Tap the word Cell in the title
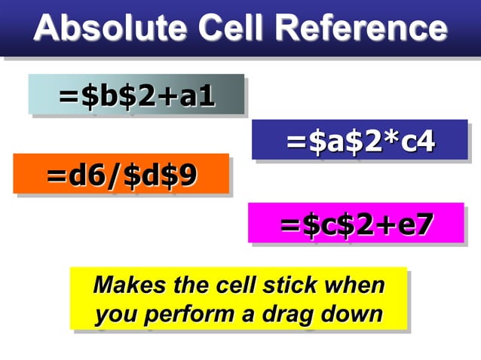[230, 29]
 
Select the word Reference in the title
[361, 29]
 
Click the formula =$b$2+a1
[137, 96]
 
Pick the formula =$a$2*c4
[360, 141]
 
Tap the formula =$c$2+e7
[356, 224]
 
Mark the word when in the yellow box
[354, 286]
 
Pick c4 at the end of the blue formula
[418, 141]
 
